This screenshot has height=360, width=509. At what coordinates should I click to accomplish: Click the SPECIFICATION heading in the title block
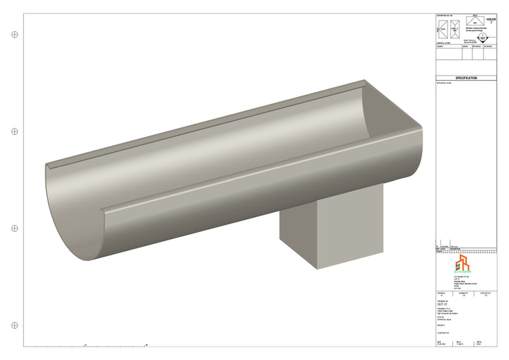click(x=467, y=78)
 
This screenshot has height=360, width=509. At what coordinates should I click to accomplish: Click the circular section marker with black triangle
click(x=482, y=39)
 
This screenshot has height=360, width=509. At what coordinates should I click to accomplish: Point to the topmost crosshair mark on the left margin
click(x=14, y=33)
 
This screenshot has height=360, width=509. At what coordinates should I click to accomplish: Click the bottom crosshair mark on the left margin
click(x=14, y=325)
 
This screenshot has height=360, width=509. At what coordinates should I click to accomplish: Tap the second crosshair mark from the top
click(x=14, y=132)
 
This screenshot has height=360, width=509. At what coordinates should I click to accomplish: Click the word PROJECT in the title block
click(x=443, y=326)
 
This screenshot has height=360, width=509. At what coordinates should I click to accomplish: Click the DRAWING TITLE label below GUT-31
click(x=444, y=308)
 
